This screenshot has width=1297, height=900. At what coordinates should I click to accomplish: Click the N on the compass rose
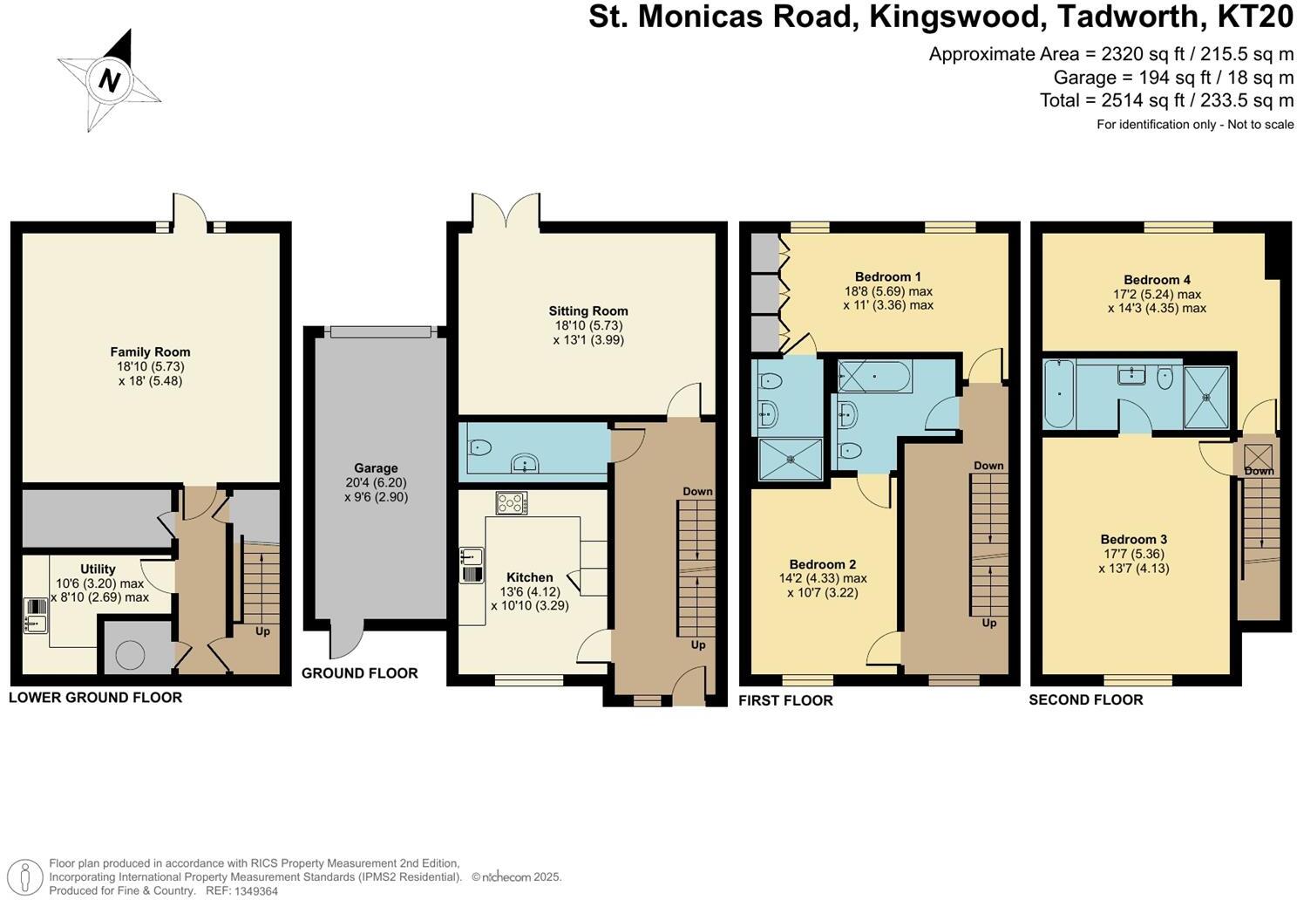pos(109,81)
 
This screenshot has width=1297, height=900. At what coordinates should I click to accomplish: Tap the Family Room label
pos(150,352)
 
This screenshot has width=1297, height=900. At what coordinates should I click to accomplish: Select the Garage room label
pos(376,468)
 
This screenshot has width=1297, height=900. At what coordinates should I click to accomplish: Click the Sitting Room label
pos(588,311)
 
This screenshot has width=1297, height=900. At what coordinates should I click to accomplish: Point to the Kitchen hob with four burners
pos(512,503)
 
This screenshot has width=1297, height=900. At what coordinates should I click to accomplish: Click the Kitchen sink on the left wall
pos(472,565)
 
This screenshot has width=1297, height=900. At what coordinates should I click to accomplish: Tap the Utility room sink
pos(36,616)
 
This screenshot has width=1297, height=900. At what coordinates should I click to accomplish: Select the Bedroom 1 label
pos(887,277)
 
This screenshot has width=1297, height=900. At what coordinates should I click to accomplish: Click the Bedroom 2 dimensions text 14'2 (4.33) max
pos(827,578)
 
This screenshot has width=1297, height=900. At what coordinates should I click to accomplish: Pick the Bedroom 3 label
pos(1133,540)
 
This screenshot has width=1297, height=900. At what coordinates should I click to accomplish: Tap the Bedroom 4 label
pos(1157,280)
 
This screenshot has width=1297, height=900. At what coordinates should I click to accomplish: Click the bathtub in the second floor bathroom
pos(1059,394)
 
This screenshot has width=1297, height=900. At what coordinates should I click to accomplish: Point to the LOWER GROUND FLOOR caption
pos(96,698)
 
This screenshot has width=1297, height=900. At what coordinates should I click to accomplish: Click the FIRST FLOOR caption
pos(785,700)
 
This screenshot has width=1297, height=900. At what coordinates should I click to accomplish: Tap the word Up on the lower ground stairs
pos(262,631)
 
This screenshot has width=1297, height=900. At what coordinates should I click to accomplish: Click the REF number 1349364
pos(254,890)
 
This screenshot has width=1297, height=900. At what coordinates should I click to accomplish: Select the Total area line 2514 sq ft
pos(1166,100)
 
